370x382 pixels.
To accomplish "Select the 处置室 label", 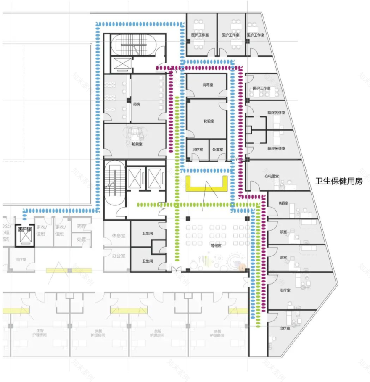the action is [x=217, y=150].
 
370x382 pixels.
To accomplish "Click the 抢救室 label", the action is [x=137, y=144].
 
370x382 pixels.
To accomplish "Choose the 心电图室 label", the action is [x=272, y=177].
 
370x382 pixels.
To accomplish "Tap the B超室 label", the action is [x=283, y=203].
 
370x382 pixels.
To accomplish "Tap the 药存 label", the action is [x=82, y=226].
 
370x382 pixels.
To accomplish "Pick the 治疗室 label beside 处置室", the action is [x=198, y=150].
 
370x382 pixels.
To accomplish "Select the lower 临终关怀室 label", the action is [x=276, y=149].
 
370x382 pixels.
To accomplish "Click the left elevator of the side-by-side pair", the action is [x=135, y=177].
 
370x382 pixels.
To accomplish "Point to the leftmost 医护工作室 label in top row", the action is [x=200, y=35].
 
